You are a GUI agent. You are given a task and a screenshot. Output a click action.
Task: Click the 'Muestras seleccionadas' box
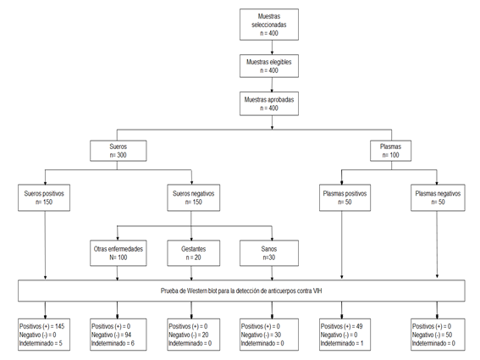269,25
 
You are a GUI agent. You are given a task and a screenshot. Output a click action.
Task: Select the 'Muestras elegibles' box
269,66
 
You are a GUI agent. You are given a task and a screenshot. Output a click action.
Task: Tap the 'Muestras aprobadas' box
269,103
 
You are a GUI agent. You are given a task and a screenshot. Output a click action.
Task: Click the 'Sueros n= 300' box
119,151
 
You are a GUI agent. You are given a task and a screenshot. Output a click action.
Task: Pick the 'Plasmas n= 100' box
390,151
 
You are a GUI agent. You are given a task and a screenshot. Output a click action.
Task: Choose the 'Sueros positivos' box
44,197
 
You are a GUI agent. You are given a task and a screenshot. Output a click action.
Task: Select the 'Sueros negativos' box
194,197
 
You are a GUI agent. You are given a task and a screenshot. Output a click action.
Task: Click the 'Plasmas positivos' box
345,197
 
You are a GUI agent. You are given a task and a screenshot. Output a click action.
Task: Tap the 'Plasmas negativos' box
438,197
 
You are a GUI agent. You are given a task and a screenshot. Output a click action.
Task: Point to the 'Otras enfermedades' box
119,253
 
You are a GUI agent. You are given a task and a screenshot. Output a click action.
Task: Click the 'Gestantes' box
194,253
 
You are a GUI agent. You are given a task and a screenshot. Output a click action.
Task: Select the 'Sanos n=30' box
269,253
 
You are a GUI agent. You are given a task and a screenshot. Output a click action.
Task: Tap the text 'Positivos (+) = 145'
42,326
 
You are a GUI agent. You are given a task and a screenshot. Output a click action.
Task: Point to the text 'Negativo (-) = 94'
111,335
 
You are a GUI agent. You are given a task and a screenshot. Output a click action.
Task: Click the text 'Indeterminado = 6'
113,343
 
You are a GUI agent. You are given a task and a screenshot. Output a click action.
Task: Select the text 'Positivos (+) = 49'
342,326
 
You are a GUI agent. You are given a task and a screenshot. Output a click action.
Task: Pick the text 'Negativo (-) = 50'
432,335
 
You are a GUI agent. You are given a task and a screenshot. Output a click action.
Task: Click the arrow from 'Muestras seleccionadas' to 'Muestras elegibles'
272,47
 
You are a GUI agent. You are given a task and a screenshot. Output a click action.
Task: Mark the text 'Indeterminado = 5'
41,343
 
